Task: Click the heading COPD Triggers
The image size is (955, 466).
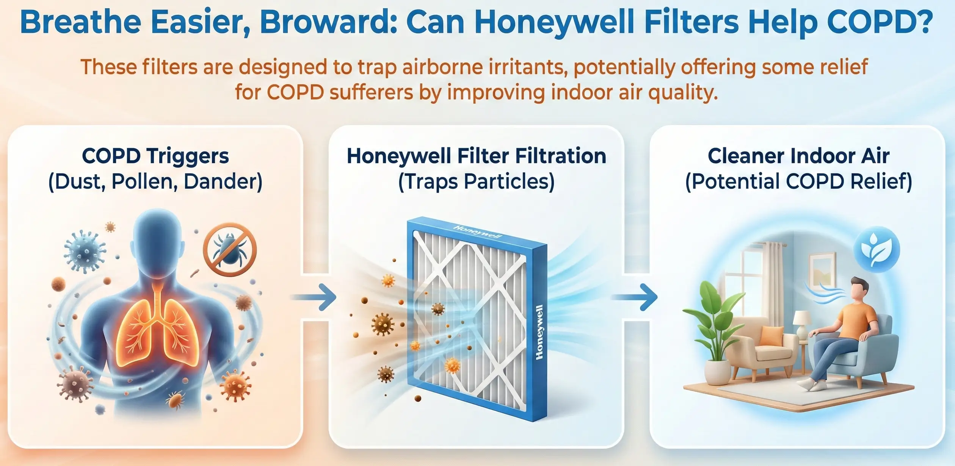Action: (x=155, y=156)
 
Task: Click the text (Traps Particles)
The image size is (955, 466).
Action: (x=477, y=181)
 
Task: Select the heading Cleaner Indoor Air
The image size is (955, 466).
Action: (x=798, y=156)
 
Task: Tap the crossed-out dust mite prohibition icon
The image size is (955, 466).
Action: (x=230, y=249)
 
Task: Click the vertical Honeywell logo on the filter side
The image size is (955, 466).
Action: (x=539, y=332)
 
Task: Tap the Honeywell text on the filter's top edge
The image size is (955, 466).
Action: (x=478, y=232)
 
